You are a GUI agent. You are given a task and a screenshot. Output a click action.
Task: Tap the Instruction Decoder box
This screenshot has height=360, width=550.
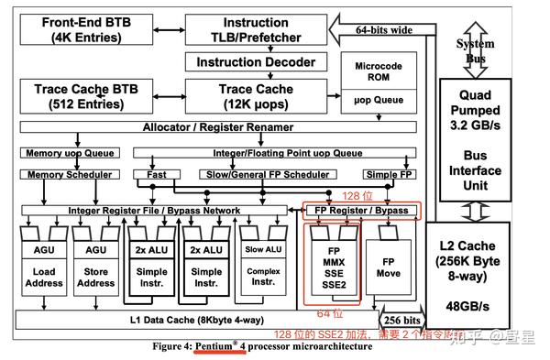tap(256, 62)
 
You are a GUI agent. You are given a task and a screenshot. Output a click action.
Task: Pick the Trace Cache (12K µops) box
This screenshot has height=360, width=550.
tap(256, 95)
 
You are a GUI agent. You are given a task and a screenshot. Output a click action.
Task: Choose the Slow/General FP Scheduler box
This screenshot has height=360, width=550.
tap(242, 174)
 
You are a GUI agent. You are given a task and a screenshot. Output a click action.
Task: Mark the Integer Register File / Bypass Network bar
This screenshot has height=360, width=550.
tap(157, 211)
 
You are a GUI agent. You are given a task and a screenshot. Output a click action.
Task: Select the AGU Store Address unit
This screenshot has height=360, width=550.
tap(96, 266)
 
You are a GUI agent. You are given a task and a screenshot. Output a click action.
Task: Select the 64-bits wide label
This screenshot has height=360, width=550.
tap(384, 31)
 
